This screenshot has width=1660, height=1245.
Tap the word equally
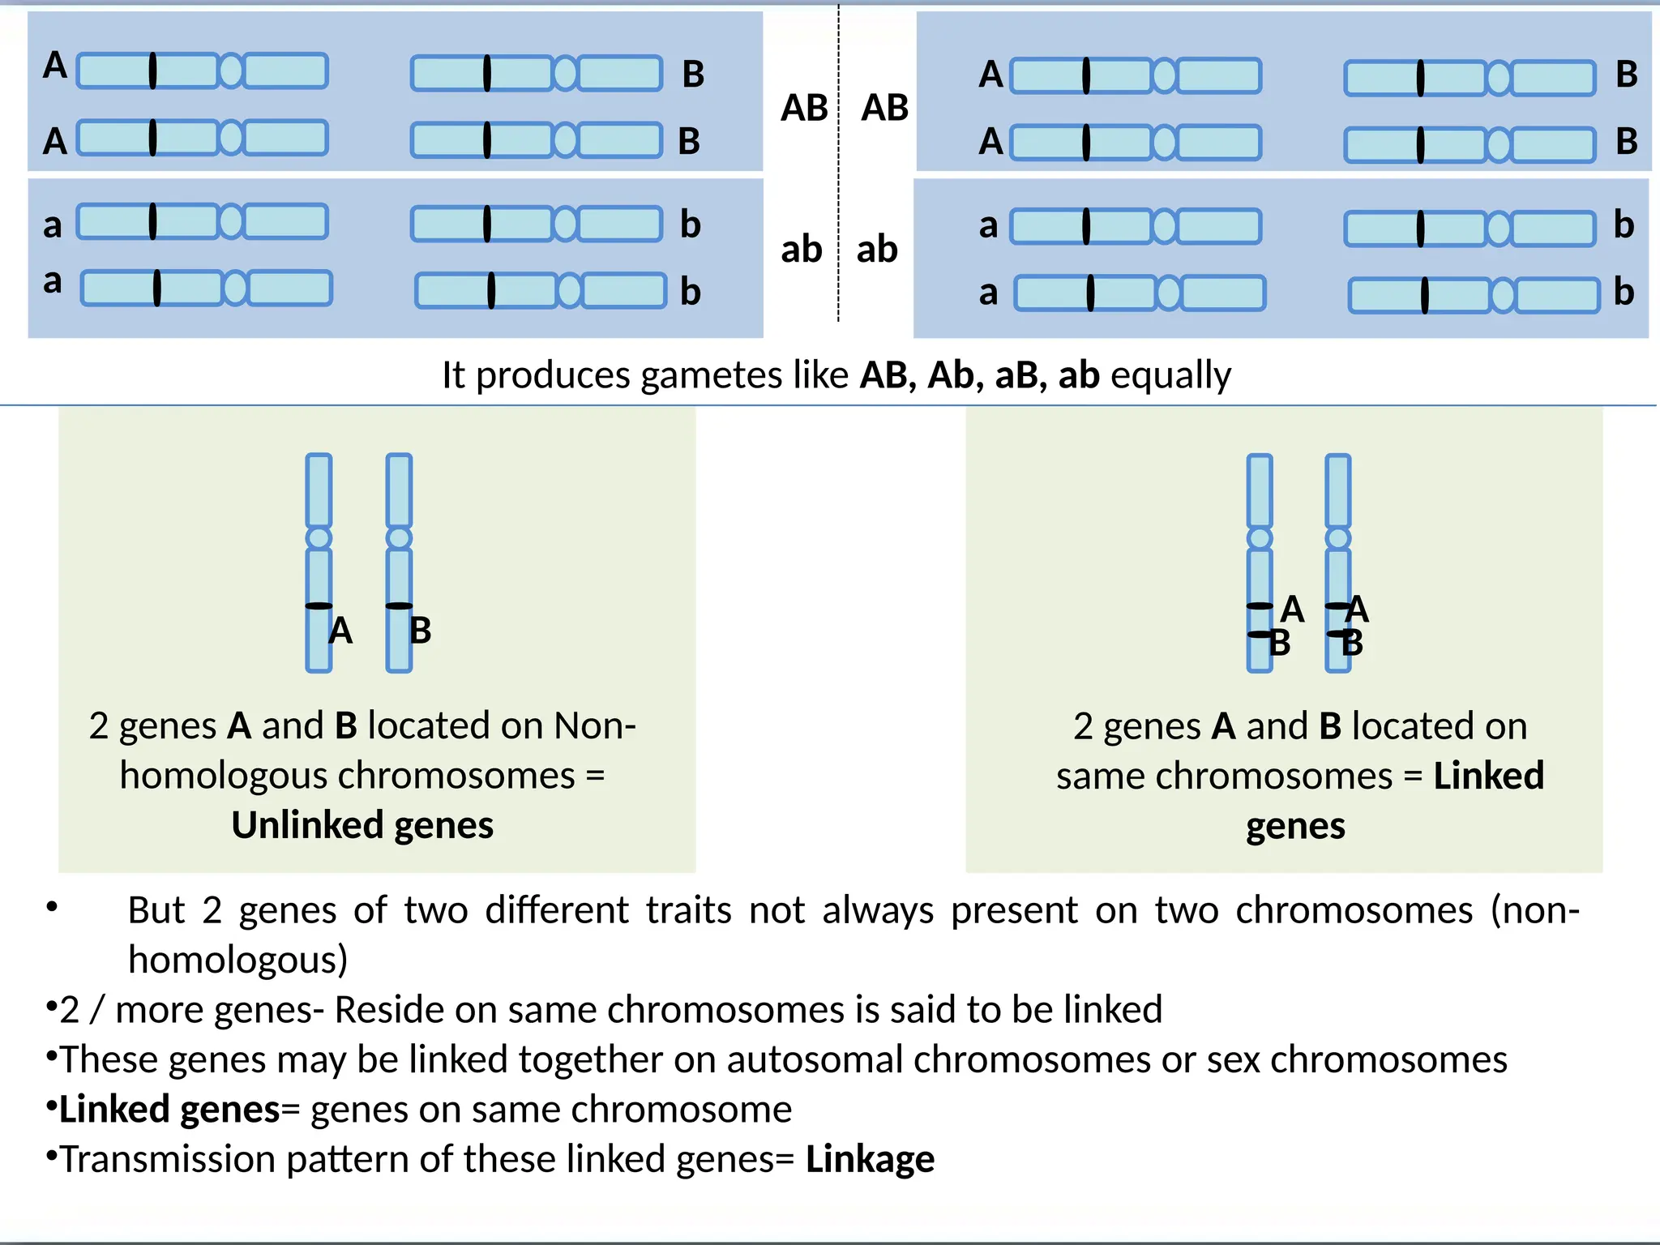(x=1170, y=376)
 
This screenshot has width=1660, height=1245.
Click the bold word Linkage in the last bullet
(x=870, y=1159)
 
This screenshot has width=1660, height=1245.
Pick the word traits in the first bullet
(x=689, y=910)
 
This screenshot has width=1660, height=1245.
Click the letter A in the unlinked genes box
(x=340, y=631)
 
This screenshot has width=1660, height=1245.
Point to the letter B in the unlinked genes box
(x=420, y=631)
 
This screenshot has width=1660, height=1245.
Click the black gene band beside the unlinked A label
(x=319, y=605)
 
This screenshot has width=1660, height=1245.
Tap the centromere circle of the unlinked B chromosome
(x=399, y=538)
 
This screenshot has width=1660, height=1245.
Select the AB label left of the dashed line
(x=804, y=108)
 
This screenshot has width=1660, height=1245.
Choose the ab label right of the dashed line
(x=877, y=250)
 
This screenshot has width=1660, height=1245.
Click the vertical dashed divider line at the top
(x=839, y=162)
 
